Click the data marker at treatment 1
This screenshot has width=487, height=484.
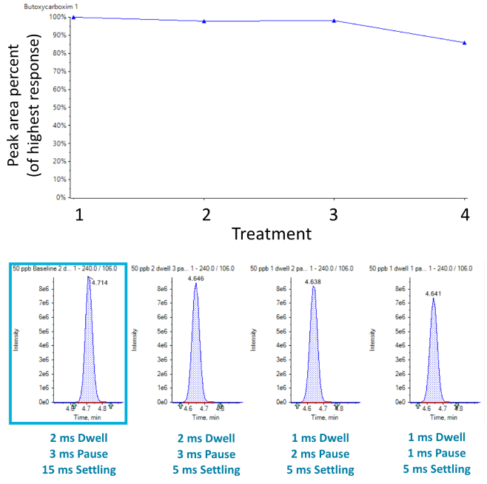[x=73, y=17]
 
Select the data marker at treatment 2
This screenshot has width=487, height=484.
[x=204, y=21]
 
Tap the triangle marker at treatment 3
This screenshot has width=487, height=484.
[x=335, y=21]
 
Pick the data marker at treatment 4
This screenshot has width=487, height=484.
[x=465, y=43]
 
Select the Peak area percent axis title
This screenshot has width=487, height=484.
[x=22, y=107]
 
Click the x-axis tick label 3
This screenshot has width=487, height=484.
[x=335, y=215]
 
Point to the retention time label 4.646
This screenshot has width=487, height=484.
[x=196, y=279]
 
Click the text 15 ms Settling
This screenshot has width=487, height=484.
[x=69, y=470]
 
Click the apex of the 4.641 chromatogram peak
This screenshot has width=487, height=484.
[x=434, y=299]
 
